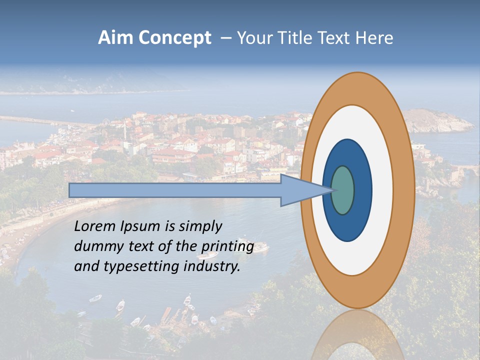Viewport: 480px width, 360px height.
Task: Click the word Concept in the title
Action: (x=174, y=38)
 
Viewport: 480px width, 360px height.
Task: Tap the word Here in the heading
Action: (x=374, y=38)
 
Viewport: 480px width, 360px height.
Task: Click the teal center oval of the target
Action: (x=343, y=190)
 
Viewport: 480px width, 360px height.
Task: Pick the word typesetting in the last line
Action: (x=131, y=267)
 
